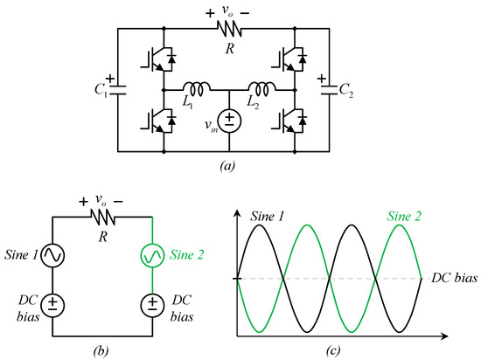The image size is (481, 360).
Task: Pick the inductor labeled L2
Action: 261,89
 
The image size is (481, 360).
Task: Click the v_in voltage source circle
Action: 229,121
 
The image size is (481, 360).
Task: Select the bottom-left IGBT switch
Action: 158,121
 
